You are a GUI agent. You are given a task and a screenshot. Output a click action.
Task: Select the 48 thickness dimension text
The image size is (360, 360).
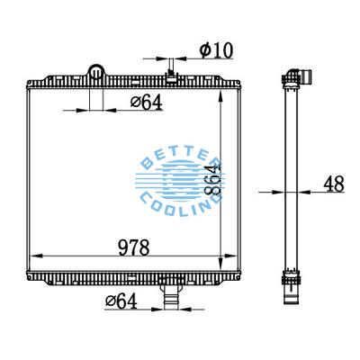click(333, 184)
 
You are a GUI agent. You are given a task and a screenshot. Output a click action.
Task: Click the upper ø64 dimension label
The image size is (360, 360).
click(146, 102)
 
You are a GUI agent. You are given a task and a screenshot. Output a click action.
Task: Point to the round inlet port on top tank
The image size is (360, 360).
click(95, 71)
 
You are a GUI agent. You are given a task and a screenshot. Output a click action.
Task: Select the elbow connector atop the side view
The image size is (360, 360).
click(296, 74)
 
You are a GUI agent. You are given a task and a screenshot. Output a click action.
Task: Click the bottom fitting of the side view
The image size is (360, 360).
click(291, 291)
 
